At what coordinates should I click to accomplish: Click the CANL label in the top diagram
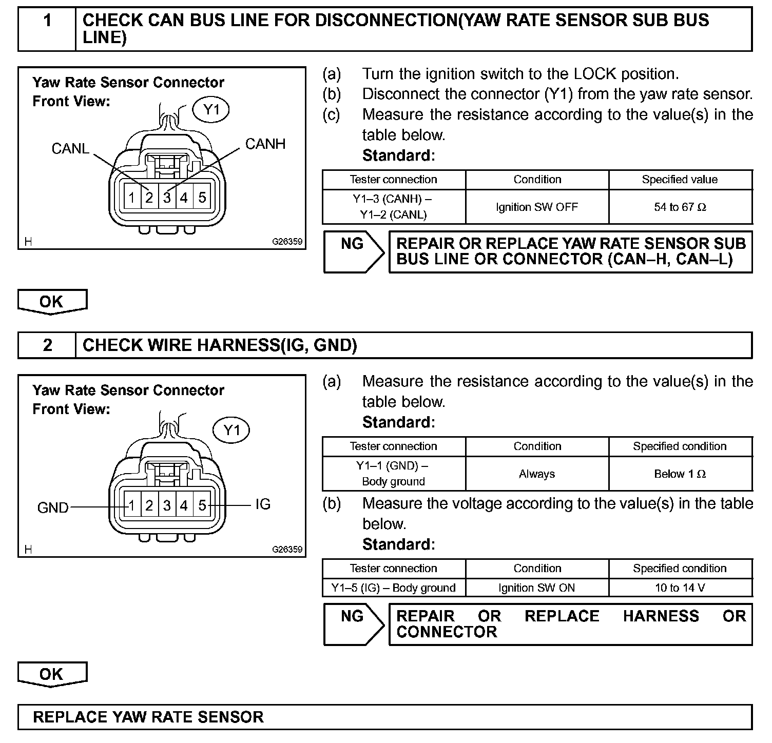[x=70, y=149]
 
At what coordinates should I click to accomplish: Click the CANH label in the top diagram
[x=265, y=144]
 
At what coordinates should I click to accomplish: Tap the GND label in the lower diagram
[x=53, y=507]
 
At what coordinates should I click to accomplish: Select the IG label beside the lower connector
[x=263, y=504]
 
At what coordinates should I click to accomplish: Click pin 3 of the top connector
[x=167, y=198]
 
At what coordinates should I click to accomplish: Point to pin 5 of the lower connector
[x=202, y=505]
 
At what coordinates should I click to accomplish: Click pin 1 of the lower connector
[x=132, y=505]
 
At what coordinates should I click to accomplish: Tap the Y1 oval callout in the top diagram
[x=211, y=110]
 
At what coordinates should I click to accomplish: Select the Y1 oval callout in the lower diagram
[x=232, y=430]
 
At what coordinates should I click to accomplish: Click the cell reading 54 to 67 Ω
[x=680, y=207]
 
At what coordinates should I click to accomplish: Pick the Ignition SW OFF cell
[x=537, y=207]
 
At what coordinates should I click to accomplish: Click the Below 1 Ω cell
[x=680, y=474]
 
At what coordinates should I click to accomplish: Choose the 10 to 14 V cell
[x=680, y=588]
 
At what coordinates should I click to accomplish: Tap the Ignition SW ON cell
[x=537, y=588]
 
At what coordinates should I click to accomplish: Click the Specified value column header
[x=680, y=180]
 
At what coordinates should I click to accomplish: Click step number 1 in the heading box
[x=47, y=21]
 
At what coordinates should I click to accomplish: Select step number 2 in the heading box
[x=47, y=345]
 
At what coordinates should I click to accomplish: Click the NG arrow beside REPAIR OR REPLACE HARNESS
[x=353, y=624]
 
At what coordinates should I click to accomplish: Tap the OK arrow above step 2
[x=52, y=302]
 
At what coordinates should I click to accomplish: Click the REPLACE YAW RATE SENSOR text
[x=148, y=717]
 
